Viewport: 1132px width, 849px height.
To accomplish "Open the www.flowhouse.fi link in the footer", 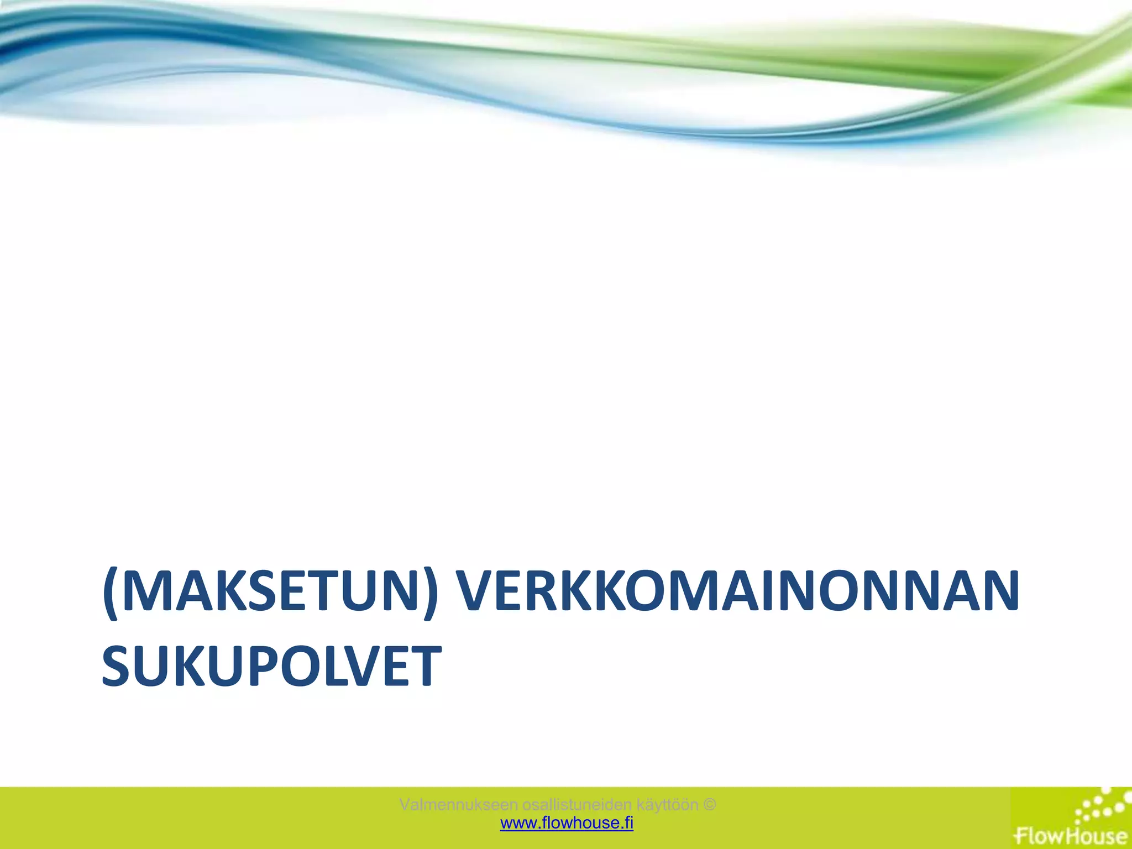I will [x=567, y=823].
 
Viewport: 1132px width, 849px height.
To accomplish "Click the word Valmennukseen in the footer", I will [x=458, y=804].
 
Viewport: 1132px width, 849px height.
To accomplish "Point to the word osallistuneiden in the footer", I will [x=577, y=804].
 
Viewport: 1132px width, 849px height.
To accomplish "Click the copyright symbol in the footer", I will [x=710, y=804].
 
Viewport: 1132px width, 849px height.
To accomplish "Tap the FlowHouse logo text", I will [x=1071, y=834].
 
